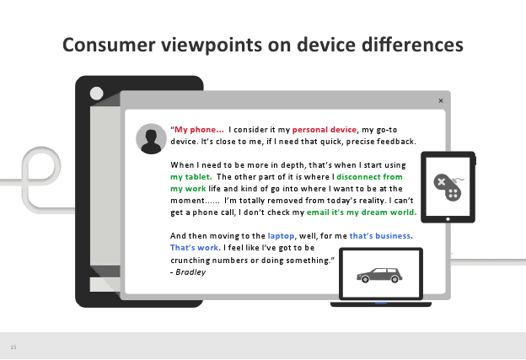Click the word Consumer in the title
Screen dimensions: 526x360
[109, 45]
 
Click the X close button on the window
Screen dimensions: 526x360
[441, 100]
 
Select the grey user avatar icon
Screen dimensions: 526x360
[151, 139]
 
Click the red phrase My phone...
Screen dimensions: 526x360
[199, 130]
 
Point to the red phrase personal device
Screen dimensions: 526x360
[325, 130]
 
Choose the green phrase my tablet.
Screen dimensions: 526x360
[191, 177]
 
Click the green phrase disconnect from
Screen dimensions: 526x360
[369, 177]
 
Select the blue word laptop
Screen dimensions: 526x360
[281, 236]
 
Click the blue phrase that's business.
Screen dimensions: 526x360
[381, 236]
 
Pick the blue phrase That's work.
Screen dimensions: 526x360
[196, 248]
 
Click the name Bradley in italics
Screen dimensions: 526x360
[191, 272]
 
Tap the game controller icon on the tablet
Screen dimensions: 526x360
[448, 187]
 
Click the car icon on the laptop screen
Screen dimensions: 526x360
[379, 275]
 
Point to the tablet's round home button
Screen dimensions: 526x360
[448, 219]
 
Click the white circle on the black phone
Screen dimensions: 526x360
[97, 94]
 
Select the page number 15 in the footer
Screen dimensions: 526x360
[13, 347]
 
